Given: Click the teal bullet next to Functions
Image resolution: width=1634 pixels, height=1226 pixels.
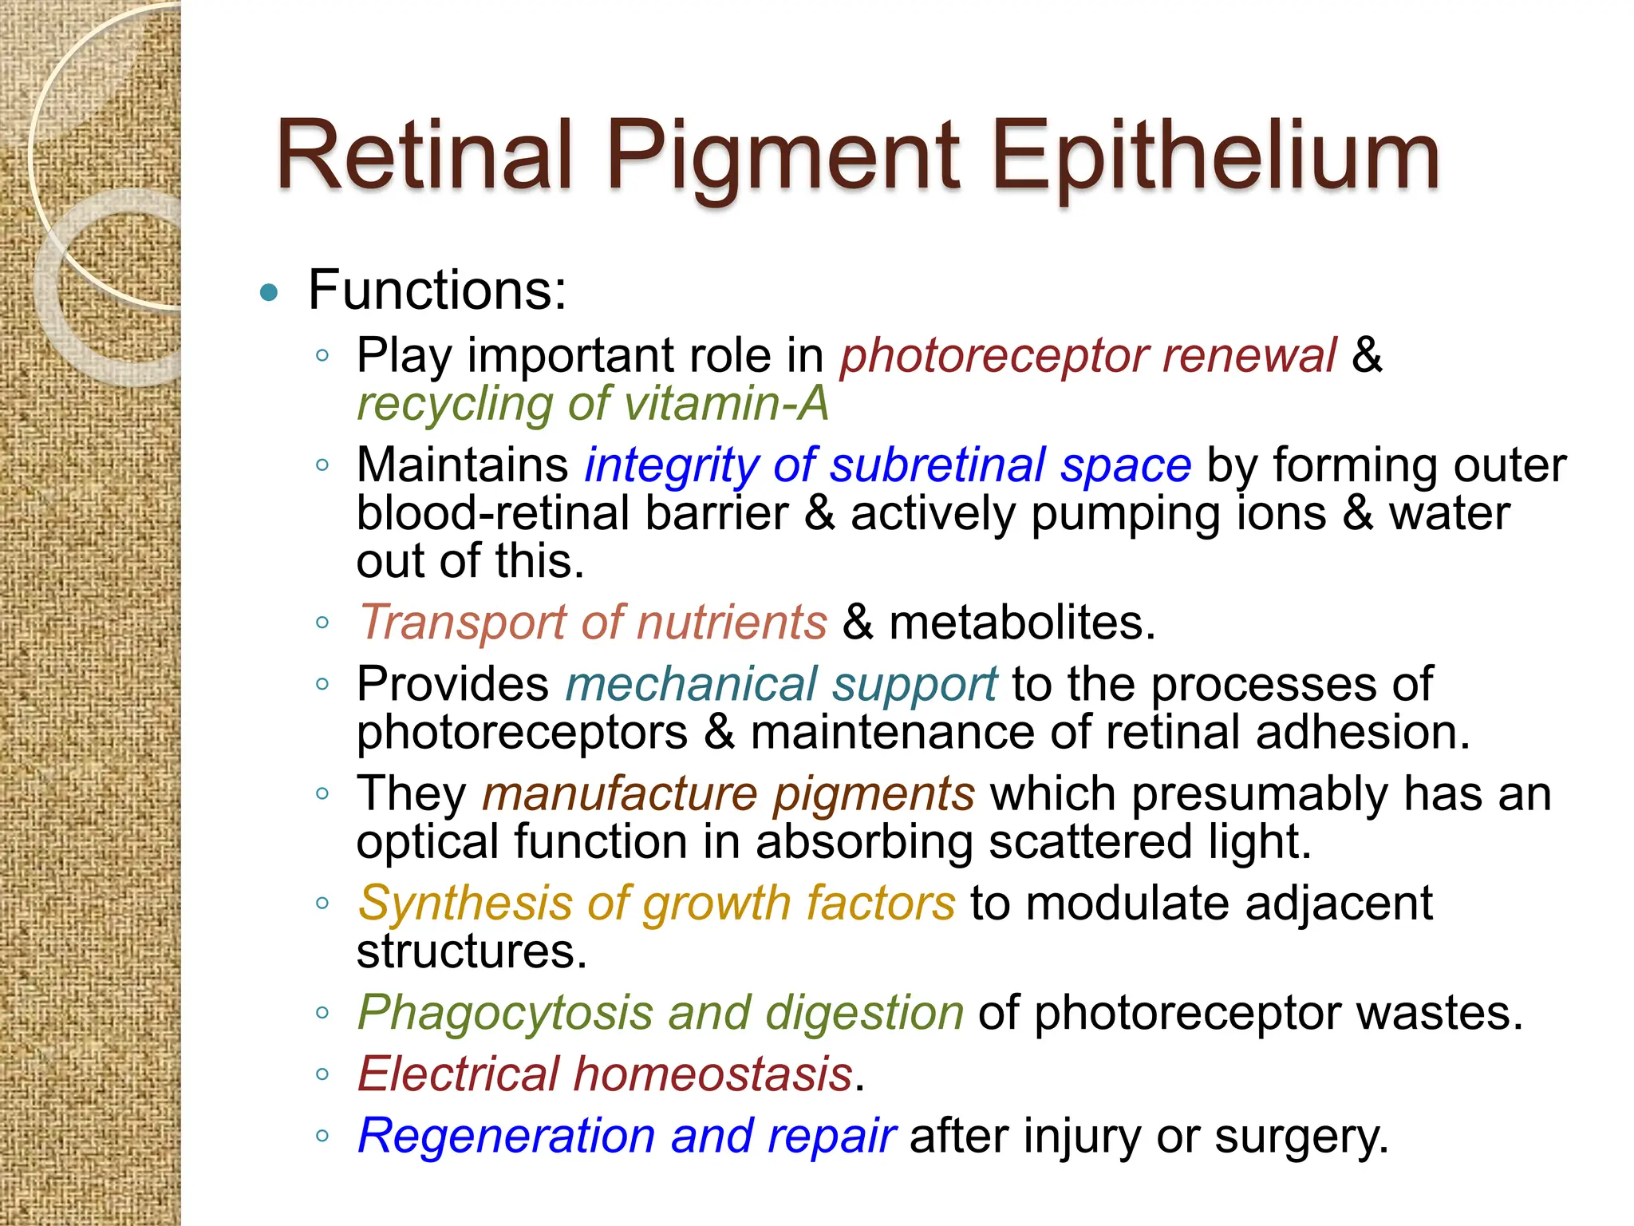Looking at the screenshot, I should [269, 292].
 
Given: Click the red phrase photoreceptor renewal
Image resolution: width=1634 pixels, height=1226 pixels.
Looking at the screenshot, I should [1087, 355].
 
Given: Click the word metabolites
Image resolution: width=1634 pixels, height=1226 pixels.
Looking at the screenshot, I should [1021, 622].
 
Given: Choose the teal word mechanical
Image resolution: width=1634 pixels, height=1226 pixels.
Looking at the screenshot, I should [691, 684].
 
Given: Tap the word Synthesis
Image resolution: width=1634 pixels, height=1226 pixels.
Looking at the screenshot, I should [465, 903].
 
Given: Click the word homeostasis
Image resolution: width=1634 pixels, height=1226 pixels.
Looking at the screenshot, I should [713, 1074].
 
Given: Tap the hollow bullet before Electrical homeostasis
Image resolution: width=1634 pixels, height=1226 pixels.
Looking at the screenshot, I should [322, 1074].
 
